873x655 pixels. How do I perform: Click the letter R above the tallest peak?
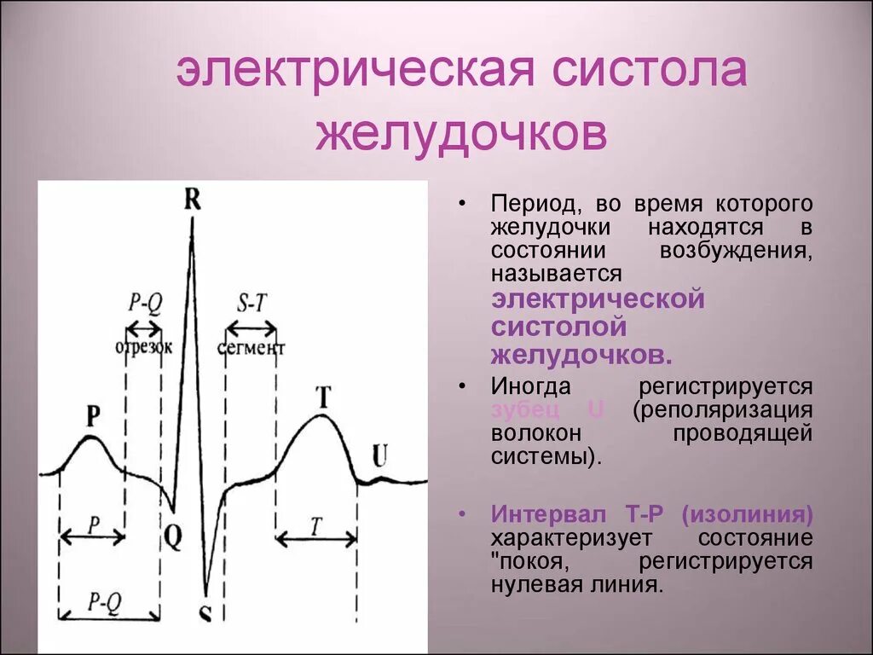tap(192, 200)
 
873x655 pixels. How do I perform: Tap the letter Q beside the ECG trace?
tap(173, 536)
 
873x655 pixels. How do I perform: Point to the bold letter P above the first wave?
tap(93, 415)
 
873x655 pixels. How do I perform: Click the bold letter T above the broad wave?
tap(323, 397)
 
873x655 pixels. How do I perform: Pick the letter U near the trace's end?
tap(379, 455)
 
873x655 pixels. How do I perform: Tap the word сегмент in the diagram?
tap(251, 348)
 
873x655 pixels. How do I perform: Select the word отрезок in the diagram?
tap(144, 347)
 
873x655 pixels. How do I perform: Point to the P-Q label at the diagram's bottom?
tap(105, 601)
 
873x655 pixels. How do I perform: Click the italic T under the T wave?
tap(315, 527)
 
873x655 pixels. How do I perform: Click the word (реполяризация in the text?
tap(721, 409)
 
